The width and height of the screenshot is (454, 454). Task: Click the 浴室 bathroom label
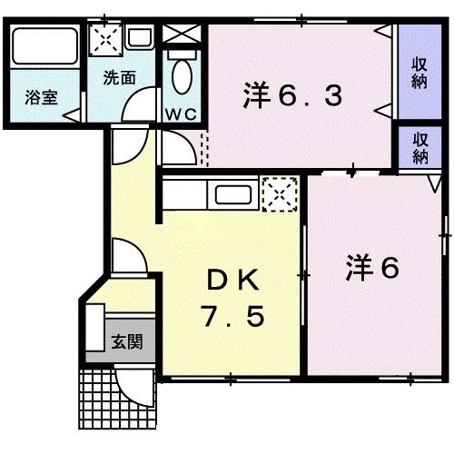[41, 98]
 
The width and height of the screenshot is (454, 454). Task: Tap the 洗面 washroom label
[120, 77]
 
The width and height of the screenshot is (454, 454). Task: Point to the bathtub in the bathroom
[44, 46]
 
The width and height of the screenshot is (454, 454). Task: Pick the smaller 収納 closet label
[419, 146]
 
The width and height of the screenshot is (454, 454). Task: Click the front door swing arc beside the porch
[141, 388]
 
